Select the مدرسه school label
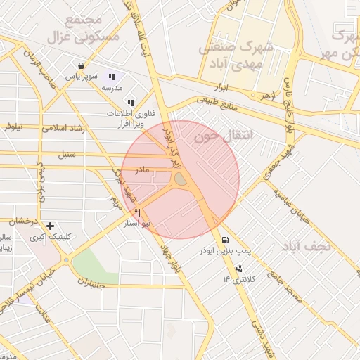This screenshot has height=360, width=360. pyautogui.click(x=112, y=88)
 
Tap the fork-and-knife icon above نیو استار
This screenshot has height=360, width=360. pyautogui.click(x=137, y=212)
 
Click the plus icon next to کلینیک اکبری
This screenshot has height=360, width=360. pyautogui.click(x=50, y=226)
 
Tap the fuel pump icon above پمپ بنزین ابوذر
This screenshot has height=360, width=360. pyautogui.click(x=224, y=239)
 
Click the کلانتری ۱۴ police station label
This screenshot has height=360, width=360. pyautogui.click(x=237, y=279)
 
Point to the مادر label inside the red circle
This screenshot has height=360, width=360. pyautogui.click(x=143, y=170)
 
